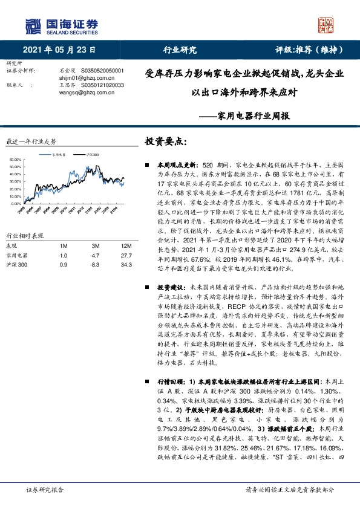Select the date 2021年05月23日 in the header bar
61,50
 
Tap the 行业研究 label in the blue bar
180,50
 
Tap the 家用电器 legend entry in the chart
58,154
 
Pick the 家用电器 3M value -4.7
95,255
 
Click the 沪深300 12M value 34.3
126,265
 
